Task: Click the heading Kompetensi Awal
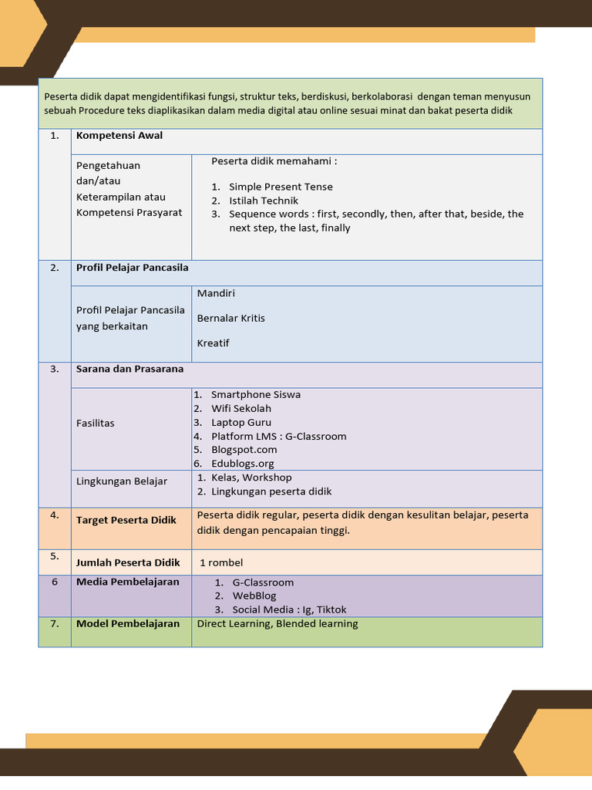coord(119,136)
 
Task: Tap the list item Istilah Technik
coord(264,201)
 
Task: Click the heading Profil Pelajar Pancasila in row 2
coord(132,268)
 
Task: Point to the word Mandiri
coord(216,293)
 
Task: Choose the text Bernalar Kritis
coord(230,318)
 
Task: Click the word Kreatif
coord(213,343)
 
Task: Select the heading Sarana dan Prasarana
coord(129,369)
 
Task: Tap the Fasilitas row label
coord(96,423)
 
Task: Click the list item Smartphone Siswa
coord(256,394)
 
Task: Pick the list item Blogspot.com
coord(244,450)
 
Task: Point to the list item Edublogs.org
coord(242,464)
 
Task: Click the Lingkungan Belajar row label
coord(122,481)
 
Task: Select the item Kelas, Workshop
coord(251,478)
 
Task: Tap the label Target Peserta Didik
coord(126,520)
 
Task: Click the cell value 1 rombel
coord(221,562)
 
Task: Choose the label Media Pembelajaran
coord(127,582)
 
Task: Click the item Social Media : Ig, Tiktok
coord(289,609)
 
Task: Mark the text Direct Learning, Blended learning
coord(277,623)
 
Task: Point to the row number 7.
coord(55,623)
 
